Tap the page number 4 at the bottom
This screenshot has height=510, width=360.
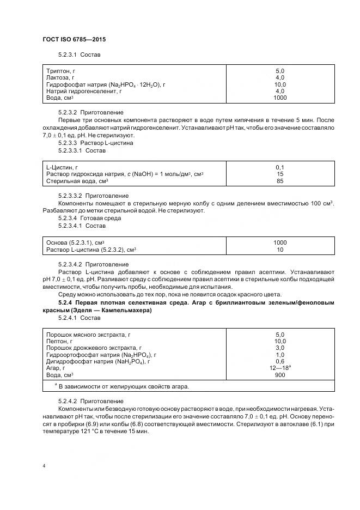click(44, 466)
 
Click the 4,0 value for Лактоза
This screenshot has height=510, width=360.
click(280, 78)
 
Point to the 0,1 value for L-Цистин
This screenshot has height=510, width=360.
click(280, 167)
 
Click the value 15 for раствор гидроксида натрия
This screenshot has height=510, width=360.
click(280, 174)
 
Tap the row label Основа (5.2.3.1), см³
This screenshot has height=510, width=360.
click(75, 242)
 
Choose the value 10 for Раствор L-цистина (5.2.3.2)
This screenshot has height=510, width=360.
click(280, 250)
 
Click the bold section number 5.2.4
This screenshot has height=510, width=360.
click(65, 302)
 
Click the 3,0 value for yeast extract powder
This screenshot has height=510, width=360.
click(280, 348)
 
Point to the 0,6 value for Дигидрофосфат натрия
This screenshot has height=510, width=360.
click(280, 361)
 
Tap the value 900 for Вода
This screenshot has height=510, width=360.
click(280, 375)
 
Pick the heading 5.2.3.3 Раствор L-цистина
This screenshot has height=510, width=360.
click(95, 143)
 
